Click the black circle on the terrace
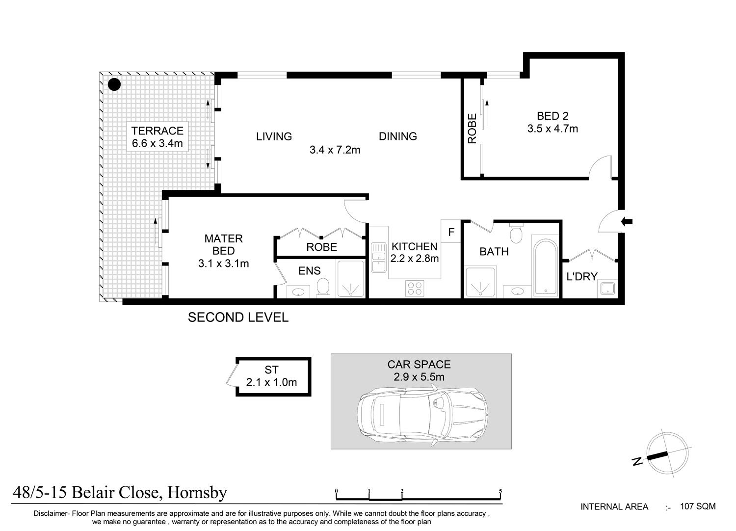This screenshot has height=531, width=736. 114,84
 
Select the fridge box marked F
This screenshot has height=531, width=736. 451,231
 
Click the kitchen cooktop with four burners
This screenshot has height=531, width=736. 415,289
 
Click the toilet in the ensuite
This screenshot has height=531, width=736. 323,287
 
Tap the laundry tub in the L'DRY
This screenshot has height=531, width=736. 607,288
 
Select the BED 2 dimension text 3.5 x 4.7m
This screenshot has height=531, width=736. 552,129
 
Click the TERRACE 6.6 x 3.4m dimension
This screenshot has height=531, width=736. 158,143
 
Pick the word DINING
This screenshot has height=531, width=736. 398,136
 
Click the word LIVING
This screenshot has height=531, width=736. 274,136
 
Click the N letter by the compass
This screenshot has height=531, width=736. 638,461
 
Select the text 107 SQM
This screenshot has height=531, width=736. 698,506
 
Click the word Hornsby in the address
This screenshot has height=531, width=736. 197,493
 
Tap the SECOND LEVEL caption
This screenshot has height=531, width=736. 238,318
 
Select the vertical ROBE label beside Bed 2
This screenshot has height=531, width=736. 472,129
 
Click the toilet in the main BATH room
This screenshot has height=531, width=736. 516,233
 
